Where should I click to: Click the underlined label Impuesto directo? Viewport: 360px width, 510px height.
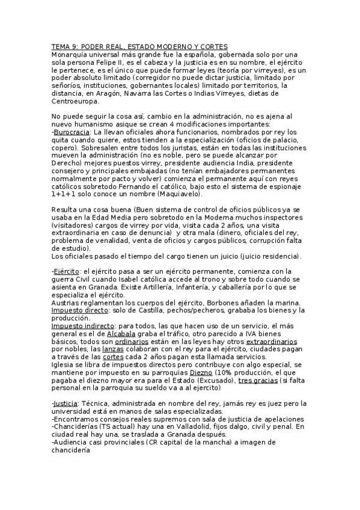(x=79, y=310)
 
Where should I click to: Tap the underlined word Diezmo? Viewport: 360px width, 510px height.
(x=202, y=372)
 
